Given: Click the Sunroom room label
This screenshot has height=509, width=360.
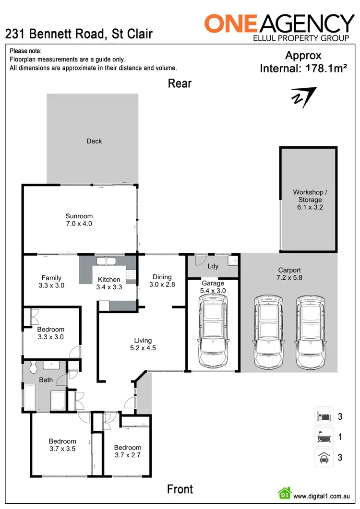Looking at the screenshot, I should point(79,216).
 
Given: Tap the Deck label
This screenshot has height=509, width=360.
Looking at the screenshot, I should point(94,141).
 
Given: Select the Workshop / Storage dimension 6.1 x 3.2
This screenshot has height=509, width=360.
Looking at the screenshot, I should point(308,207).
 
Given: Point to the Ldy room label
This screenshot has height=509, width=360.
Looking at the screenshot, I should point(213,266).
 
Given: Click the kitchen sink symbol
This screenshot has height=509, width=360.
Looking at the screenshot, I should point(106,261).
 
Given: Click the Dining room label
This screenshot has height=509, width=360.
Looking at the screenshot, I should point(162,277).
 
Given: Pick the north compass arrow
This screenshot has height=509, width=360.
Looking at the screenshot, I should point(303,95).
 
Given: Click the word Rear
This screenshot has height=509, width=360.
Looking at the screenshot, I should point(180,83).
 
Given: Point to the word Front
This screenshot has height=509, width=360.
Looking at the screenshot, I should point(180,489).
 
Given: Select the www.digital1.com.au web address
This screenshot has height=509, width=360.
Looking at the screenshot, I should point(321,496).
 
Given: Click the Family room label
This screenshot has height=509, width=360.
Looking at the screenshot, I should point(51,278).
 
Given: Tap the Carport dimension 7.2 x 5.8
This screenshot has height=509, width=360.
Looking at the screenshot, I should point(289,277).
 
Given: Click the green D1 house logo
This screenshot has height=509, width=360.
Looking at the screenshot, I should point(284,494).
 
